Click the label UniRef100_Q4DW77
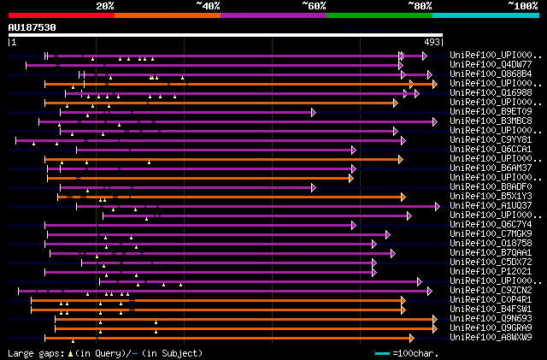click(490, 65)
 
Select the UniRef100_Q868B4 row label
click(490, 74)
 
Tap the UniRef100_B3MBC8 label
click(490, 121)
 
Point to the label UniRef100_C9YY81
click(490, 140)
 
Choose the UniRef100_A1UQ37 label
click(490, 206)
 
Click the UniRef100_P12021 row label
click(490, 272)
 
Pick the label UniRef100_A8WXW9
click(490, 338)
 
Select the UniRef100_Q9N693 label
click(490, 319)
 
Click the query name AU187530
click(32, 27)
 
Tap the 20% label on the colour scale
click(105, 5)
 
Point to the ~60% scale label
click(314, 5)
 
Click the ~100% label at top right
click(523, 5)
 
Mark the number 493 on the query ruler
click(432, 41)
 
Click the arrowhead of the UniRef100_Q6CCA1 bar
click(353, 150)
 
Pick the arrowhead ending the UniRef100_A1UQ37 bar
click(436, 206)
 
